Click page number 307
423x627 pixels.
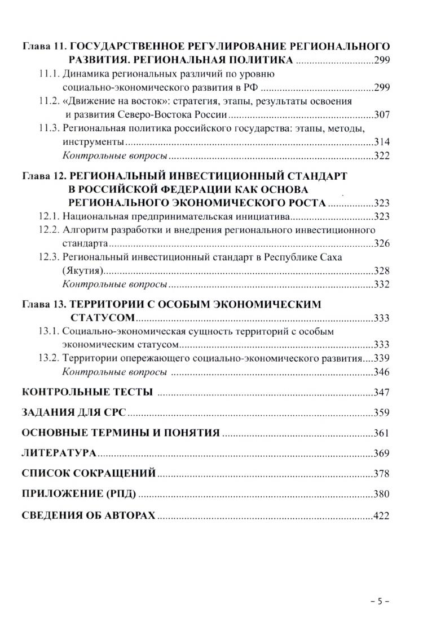tap(382, 115)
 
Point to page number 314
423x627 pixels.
tap(382, 142)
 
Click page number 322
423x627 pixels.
tap(382, 155)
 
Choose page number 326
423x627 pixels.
tap(382, 243)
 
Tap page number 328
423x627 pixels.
tap(382, 270)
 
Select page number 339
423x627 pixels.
tap(382, 358)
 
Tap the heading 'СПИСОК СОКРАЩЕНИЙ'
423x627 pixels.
tap(89, 474)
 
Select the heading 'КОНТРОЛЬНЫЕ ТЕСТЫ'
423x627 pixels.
tap(87, 393)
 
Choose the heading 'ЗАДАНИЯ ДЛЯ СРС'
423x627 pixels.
tap(74, 413)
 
